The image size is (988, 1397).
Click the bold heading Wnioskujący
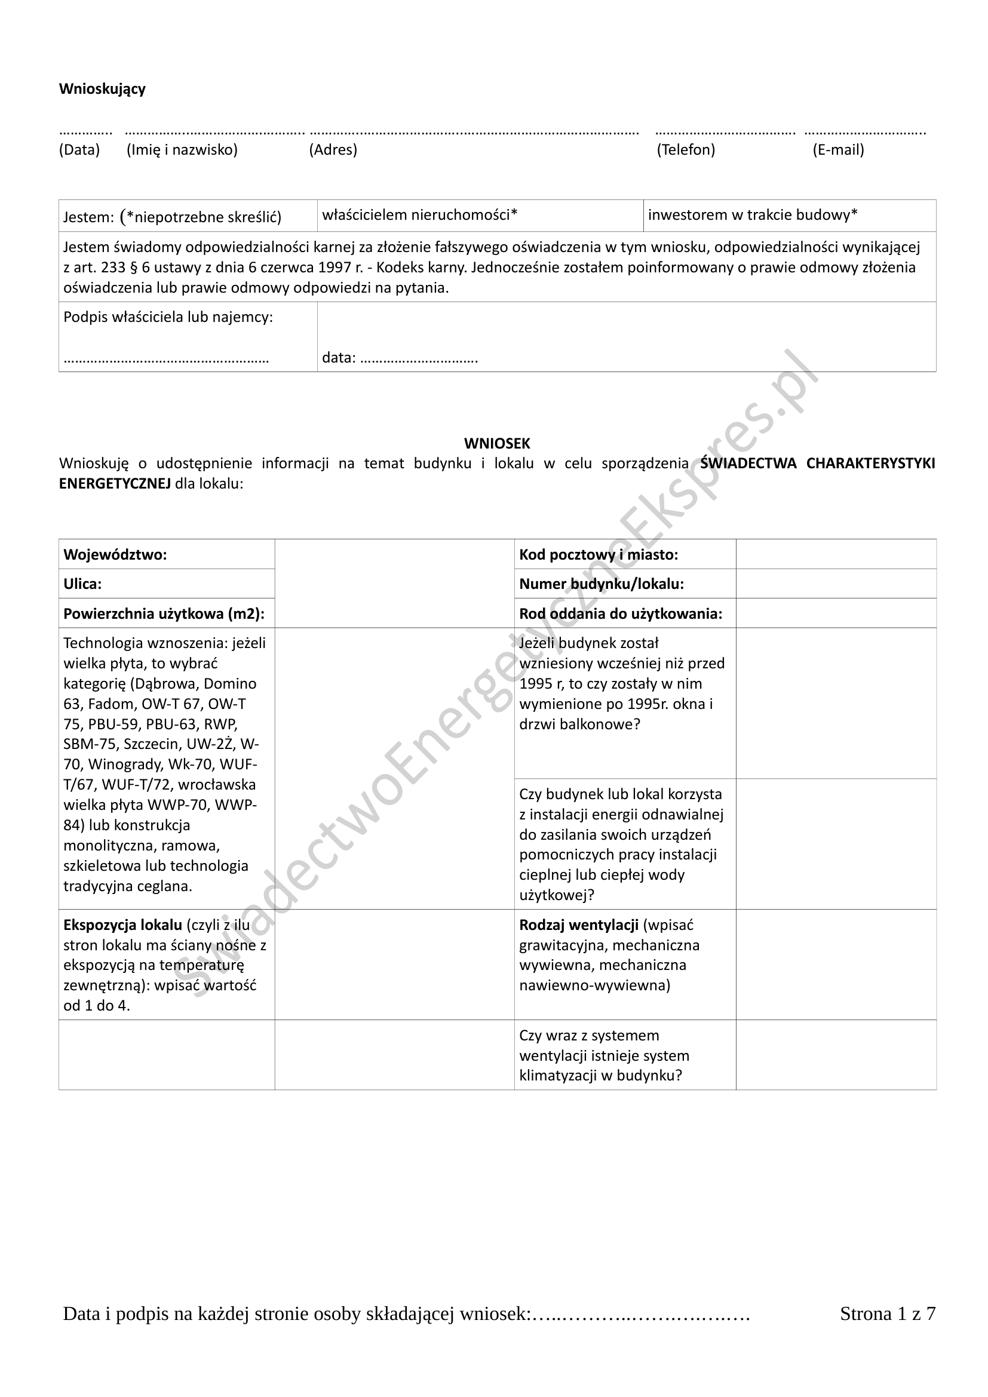(102, 89)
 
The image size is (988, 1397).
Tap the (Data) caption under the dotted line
(79, 150)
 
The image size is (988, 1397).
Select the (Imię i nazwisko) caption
(182, 150)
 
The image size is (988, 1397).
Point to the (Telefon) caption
(686, 150)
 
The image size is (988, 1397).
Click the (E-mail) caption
(837, 150)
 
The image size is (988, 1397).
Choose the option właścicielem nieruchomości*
(419, 215)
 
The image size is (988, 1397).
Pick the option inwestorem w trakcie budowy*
(753, 215)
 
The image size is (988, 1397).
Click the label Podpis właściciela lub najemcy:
(168, 317)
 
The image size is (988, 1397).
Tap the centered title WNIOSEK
(497, 443)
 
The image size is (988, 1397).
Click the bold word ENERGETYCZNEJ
(115, 484)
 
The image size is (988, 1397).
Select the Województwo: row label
(115, 554)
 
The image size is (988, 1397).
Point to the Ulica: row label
(83, 584)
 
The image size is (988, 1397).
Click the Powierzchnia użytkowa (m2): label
(164, 613)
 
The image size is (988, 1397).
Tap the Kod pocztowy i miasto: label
(598, 554)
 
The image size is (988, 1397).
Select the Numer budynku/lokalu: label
(601, 584)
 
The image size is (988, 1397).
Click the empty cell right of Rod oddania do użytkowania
(835, 613)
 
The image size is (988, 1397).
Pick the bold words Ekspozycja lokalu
(123, 925)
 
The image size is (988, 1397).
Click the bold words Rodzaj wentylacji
(579, 925)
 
